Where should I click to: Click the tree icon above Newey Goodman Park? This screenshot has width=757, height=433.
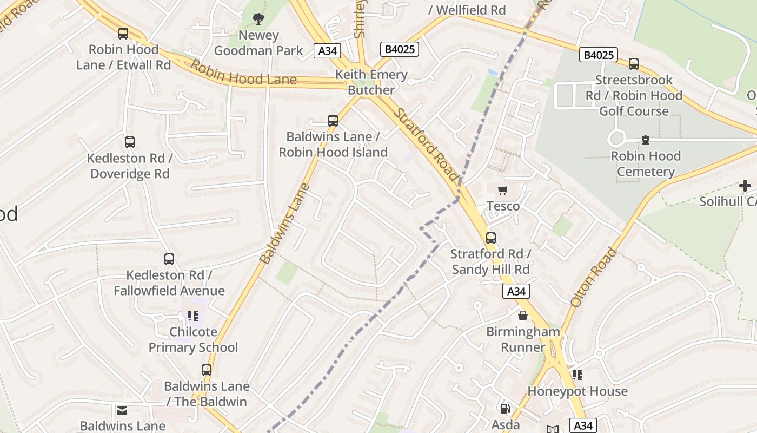click(x=258, y=19)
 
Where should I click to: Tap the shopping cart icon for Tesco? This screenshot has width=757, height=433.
click(x=503, y=190)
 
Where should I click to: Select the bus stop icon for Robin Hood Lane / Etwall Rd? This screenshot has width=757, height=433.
click(x=123, y=34)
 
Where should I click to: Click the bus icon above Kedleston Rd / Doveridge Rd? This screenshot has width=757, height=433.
click(x=130, y=142)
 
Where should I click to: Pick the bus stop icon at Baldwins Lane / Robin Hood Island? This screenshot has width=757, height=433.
click(x=333, y=121)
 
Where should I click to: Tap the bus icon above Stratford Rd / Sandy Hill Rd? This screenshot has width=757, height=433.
click(x=491, y=238)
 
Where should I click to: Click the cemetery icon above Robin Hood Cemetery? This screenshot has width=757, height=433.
click(x=645, y=140)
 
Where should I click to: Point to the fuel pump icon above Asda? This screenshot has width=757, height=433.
click(x=505, y=409)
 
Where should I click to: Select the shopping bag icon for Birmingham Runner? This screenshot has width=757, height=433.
click(x=523, y=316)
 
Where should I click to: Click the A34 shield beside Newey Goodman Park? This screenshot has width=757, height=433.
click(x=328, y=51)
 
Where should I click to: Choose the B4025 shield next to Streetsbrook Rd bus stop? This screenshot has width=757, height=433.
click(x=599, y=55)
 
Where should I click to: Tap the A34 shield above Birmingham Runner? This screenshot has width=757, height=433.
click(x=516, y=291)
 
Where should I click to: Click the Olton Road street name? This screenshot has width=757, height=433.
click(x=593, y=277)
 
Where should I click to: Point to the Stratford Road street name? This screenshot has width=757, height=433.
click(x=426, y=145)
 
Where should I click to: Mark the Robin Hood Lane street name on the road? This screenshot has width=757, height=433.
click(x=243, y=73)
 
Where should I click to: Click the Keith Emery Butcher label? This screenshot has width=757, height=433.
click(x=371, y=82)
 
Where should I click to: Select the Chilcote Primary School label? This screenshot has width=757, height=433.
click(x=193, y=339)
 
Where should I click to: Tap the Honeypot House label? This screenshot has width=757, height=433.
click(x=577, y=391)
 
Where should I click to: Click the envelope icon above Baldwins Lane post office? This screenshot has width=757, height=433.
click(x=123, y=411)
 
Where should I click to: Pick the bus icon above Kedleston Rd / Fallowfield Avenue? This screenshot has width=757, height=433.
click(x=169, y=259)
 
